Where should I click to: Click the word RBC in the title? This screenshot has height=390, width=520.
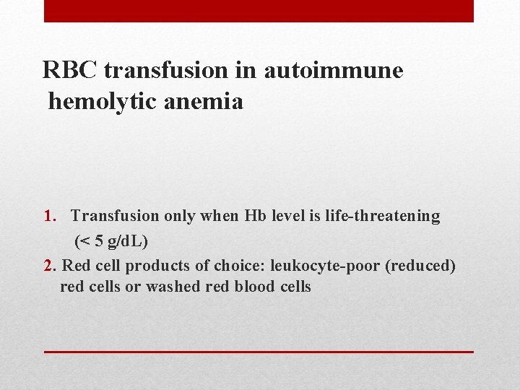(x=71, y=71)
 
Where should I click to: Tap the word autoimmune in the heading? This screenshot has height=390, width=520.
(x=334, y=71)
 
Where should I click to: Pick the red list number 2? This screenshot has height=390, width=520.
(x=48, y=266)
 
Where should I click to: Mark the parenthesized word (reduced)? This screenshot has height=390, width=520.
(x=420, y=266)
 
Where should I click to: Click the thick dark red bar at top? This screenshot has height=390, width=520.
(x=259, y=11)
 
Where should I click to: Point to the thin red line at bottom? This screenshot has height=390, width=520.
(x=259, y=351)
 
